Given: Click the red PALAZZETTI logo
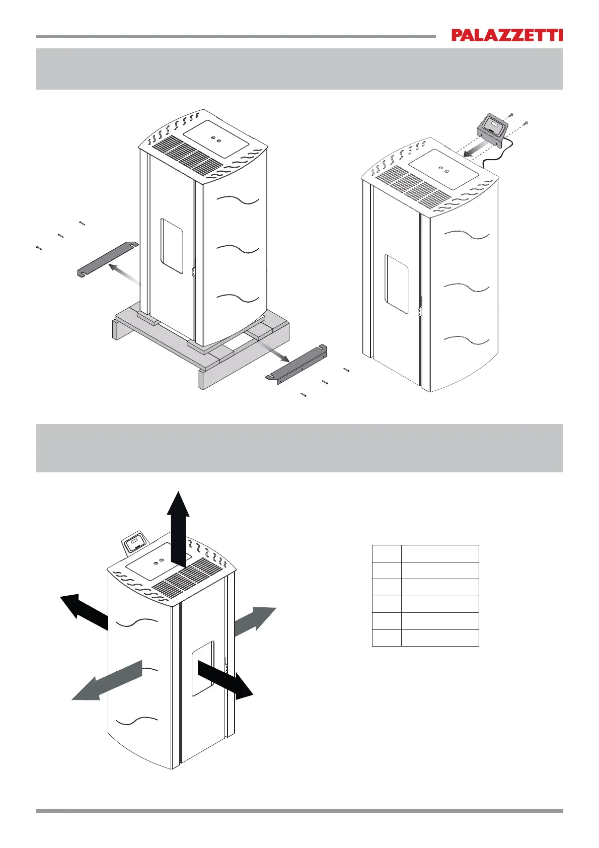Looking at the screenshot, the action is coord(506,35).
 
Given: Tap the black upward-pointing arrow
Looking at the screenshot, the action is coord(179,529).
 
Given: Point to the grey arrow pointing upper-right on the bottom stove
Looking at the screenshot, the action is coord(255,622).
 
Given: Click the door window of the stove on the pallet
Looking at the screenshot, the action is coord(172,246).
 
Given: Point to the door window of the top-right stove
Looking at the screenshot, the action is coord(397,285).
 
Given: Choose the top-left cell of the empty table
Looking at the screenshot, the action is coord(387,553).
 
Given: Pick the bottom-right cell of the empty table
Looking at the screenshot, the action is coord(440,638).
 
